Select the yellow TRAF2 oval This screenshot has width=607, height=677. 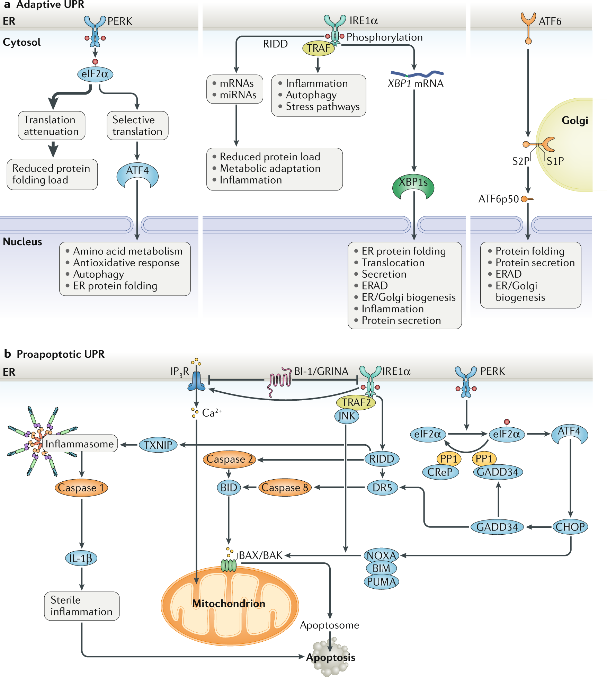coord(356,402)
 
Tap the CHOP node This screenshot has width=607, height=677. coord(570,527)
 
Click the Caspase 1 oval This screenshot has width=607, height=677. coord(81,488)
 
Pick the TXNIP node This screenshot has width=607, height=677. coord(158,445)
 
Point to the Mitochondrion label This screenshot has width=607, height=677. coord(229,604)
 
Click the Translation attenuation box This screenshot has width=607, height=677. coord(51,125)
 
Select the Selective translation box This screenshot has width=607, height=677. coord(137,125)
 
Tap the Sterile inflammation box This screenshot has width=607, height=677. coord(82,606)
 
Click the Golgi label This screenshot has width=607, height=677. coord(575,121)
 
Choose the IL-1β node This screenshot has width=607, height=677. coord(81,558)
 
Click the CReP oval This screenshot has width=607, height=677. coord(440,472)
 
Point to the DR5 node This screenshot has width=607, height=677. coord(382,488)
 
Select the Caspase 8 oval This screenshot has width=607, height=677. coord(285,488)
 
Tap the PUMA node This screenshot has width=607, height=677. coord(381,582)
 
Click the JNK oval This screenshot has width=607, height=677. coord(347,416)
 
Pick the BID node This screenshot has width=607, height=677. coord(229,488)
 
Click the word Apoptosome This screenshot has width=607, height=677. coord(329,625)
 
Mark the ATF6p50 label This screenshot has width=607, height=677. coord(499,199)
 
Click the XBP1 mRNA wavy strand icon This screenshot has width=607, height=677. coord(417,74)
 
